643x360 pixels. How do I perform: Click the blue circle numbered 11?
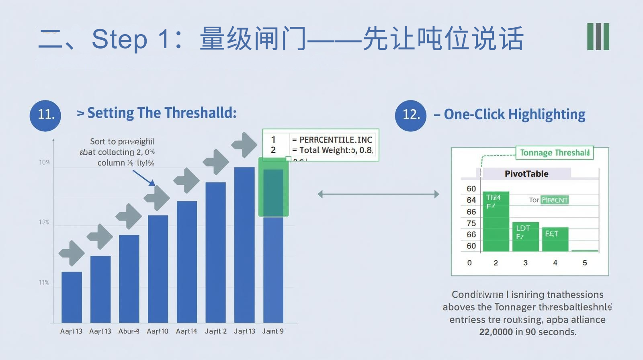45,115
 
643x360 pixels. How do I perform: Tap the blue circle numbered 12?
410,115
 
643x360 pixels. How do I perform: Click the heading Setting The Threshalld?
162,113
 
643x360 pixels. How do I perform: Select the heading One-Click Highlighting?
514,115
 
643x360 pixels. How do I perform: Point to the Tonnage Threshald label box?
554,153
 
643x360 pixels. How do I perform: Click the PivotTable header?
526,174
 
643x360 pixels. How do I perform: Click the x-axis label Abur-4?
129,331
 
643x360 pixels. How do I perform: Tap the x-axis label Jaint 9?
273,331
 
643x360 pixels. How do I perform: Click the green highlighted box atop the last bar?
273,187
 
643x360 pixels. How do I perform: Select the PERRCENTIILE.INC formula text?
336,140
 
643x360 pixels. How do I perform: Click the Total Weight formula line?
332,150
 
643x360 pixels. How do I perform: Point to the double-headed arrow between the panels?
378,194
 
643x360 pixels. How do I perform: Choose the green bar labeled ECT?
555,239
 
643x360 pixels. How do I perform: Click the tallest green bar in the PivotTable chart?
496,222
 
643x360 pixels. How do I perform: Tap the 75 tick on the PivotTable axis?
471,223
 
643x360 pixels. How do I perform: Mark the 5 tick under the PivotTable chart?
585,263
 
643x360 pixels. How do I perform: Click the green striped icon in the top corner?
598,37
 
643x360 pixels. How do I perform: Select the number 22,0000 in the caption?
496,332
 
